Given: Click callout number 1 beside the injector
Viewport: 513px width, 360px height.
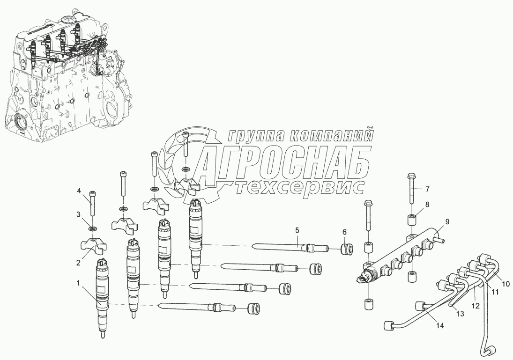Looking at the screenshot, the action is [78, 284].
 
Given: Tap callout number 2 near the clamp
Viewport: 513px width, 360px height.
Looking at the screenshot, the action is [79, 263].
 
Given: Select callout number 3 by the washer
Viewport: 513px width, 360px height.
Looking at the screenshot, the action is [79, 214].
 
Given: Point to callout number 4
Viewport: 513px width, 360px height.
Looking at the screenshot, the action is [79, 191].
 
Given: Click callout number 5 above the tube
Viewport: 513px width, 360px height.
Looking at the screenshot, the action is [297, 230].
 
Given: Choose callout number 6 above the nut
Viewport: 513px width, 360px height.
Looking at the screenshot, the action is [344, 232].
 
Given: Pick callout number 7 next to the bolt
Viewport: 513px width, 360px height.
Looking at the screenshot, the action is [427, 189].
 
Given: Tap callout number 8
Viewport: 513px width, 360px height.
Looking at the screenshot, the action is [427, 205].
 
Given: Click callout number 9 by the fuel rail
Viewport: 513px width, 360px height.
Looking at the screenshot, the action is [447, 222].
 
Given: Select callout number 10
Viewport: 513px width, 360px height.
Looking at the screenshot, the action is [506, 283].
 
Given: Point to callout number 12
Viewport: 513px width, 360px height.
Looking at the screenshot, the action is [476, 306].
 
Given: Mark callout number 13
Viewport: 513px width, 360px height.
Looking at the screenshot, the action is [461, 314].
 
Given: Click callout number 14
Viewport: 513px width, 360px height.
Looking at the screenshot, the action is [440, 326].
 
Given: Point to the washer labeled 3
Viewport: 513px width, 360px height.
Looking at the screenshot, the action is [93, 227].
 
